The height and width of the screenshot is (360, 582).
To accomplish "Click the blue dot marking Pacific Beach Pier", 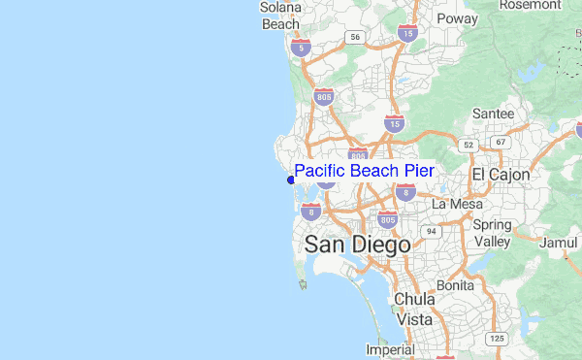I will (291, 180).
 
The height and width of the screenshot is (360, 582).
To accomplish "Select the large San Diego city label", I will (357, 245).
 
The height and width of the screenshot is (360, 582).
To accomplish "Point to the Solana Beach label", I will (281, 16).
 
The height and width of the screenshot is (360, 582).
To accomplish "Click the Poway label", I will (457, 17).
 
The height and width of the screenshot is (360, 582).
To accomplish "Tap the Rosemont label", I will (530, 5).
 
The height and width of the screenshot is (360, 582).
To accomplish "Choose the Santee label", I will (493, 114).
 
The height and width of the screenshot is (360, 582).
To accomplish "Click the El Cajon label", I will (501, 175).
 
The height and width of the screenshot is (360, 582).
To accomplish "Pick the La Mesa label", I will (455, 204).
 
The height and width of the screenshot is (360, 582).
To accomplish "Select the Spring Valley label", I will (492, 233).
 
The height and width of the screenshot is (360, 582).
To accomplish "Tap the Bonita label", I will (455, 286).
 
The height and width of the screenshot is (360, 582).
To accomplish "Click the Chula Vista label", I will (413, 309).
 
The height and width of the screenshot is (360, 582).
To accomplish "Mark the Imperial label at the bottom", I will (390, 349).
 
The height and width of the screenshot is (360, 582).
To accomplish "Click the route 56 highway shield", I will (356, 37).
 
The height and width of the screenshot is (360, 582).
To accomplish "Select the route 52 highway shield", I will (469, 145).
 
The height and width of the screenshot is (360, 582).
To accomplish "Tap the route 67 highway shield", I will (501, 143).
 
